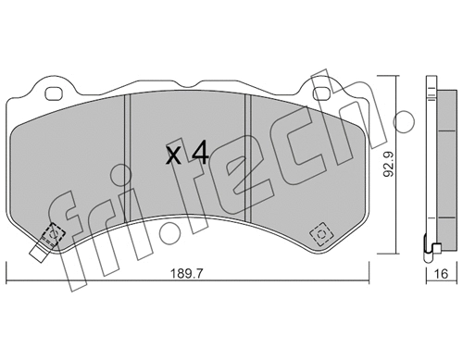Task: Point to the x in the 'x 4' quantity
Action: point(173,155)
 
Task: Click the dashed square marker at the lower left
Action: point(53,234)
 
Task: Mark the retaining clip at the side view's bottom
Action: point(431,247)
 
